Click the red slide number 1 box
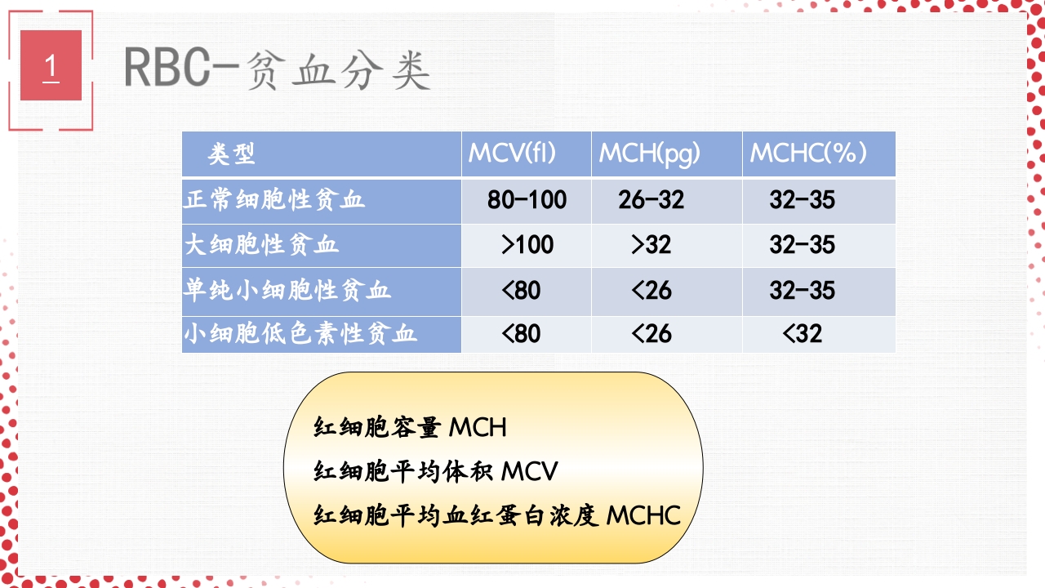[51, 65]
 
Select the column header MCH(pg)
[650, 153]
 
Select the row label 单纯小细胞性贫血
[287, 290]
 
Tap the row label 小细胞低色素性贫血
[300, 333]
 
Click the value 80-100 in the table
[527, 200]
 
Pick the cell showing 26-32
[651, 200]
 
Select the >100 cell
[527, 245]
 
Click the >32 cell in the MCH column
[651, 245]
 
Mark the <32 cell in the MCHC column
[802, 333]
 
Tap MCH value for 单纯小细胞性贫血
[651, 290]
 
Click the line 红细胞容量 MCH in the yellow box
[410, 427]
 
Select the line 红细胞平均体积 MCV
[436, 471]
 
